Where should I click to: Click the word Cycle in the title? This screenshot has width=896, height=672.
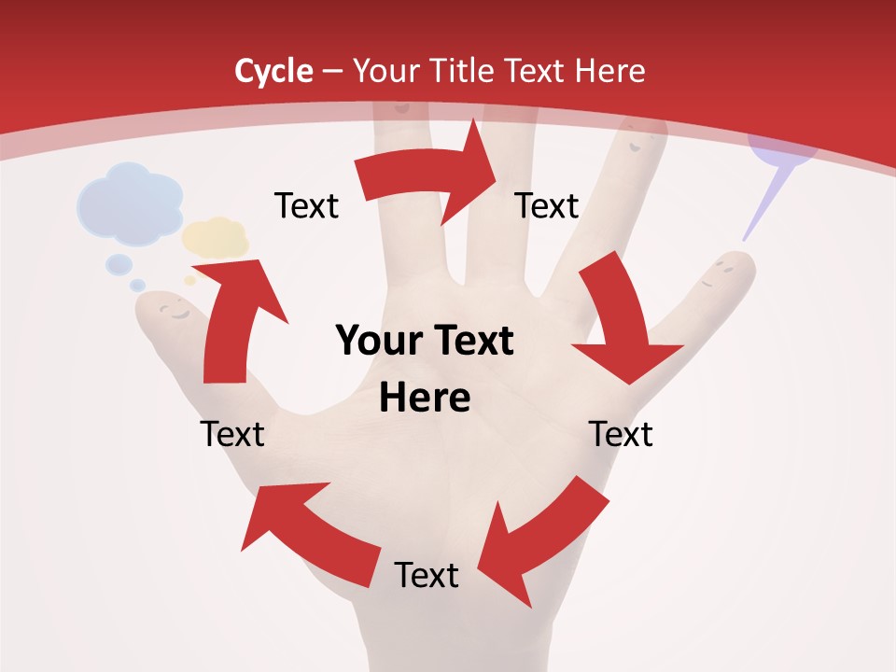[x=273, y=71]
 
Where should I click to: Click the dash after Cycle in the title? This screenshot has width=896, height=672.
[x=332, y=72]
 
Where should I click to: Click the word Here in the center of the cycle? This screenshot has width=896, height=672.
[x=425, y=399]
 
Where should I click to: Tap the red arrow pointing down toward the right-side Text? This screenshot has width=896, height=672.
[x=621, y=327]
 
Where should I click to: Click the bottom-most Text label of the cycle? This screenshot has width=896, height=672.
[x=427, y=575]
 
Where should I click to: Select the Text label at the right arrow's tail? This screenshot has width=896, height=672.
[x=306, y=205]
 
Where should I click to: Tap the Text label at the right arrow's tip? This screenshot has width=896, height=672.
[x=547, y=205]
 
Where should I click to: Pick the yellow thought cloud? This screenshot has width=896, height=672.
[x=216, y=237]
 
